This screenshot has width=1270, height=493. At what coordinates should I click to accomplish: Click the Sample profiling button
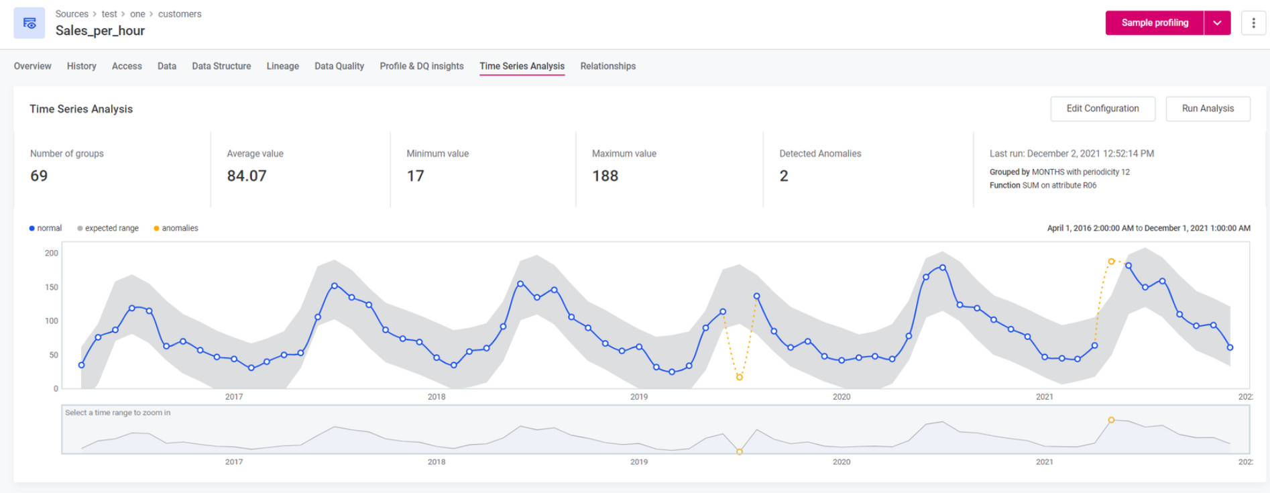(x=1154, y=23)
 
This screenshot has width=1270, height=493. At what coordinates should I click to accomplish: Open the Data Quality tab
(x=339, y=66)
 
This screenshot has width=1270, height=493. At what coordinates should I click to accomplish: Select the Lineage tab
(x=282, y=66)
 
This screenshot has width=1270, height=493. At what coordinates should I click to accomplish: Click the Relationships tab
(x=608, y=66)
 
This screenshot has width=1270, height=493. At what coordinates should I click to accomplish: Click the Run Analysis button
(x=1207, y=109)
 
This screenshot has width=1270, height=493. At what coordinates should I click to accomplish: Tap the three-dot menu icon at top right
(x=1253, y=23)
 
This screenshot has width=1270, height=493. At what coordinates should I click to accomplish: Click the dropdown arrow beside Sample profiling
(x=1217, y=23)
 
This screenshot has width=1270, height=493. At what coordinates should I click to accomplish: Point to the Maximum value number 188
(x=605, y=176)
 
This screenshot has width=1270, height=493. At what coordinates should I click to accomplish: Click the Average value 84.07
(x=247, y=176)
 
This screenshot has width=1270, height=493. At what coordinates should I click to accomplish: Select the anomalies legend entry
(x=176, y=228)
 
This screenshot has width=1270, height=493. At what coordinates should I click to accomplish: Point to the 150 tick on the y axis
(x=52, y=287)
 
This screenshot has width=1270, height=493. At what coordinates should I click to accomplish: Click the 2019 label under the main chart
(x=639, y=396)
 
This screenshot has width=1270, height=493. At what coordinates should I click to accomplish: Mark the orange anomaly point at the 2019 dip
(x=740, y=377)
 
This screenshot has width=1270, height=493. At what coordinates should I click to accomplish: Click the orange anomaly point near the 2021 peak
(x=1111, y=262)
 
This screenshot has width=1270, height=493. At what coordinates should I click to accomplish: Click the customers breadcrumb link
(x=180, y=14)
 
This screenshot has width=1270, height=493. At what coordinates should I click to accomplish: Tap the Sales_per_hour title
(x=100, y=31)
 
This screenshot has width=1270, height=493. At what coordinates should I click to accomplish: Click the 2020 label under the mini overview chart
(x=842, y=461)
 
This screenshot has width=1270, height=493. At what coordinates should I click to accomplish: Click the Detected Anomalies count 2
(x=784, y=176)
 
